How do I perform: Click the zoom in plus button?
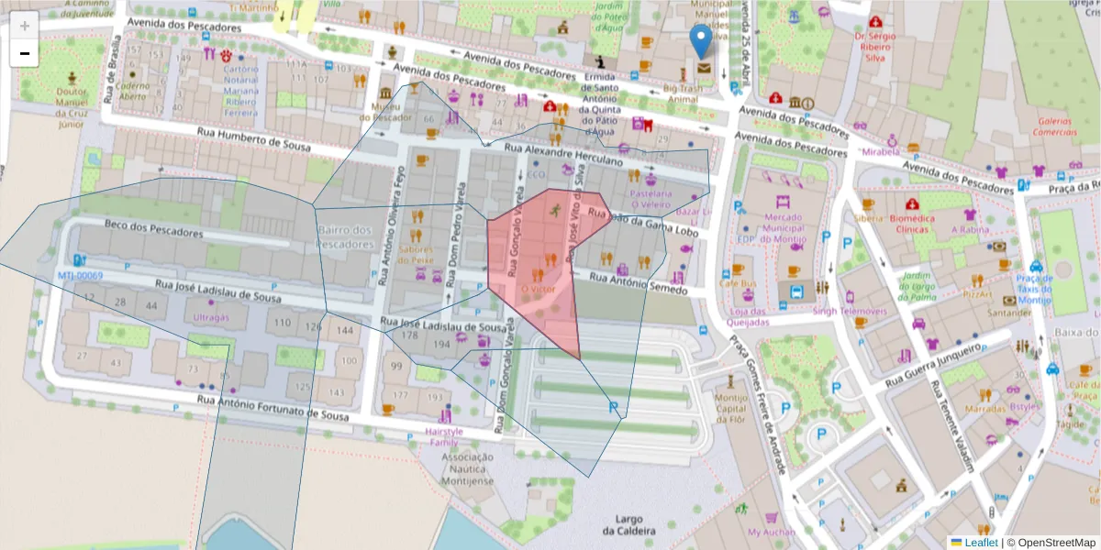point(24,27)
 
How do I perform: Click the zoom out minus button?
point(24,54)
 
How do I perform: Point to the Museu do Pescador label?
point(391,112)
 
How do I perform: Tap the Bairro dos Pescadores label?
point(345,237)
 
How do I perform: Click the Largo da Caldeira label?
point(628,524)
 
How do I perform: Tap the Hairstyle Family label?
point(444,436)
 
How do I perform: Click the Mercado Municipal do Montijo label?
point(783,229)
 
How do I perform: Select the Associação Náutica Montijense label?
point(467,468)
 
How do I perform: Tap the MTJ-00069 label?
point(81,276)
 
